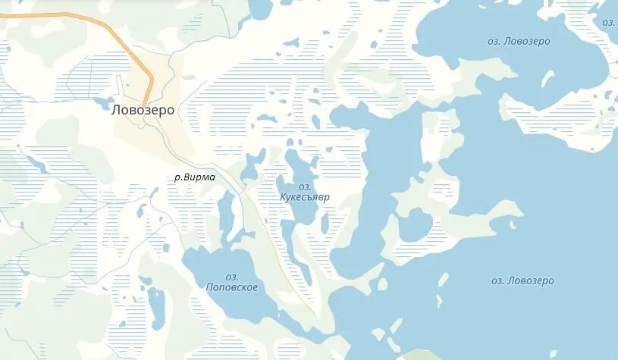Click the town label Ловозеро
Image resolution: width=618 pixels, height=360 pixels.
point(143,110)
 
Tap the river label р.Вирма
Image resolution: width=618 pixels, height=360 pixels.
point(195,177)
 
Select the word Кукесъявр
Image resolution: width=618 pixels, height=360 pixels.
point(306,196)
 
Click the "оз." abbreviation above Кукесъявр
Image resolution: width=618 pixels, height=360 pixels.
point(305,186)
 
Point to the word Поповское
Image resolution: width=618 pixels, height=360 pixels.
point(232,287)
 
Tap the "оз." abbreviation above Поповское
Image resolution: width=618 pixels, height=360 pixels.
point(232,277)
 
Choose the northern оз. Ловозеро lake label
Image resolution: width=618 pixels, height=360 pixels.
point(519,41)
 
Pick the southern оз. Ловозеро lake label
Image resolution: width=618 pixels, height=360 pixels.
point(522,280)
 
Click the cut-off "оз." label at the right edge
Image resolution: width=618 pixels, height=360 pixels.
point(609,22)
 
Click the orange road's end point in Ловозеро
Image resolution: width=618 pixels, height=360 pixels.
point(144,105)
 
